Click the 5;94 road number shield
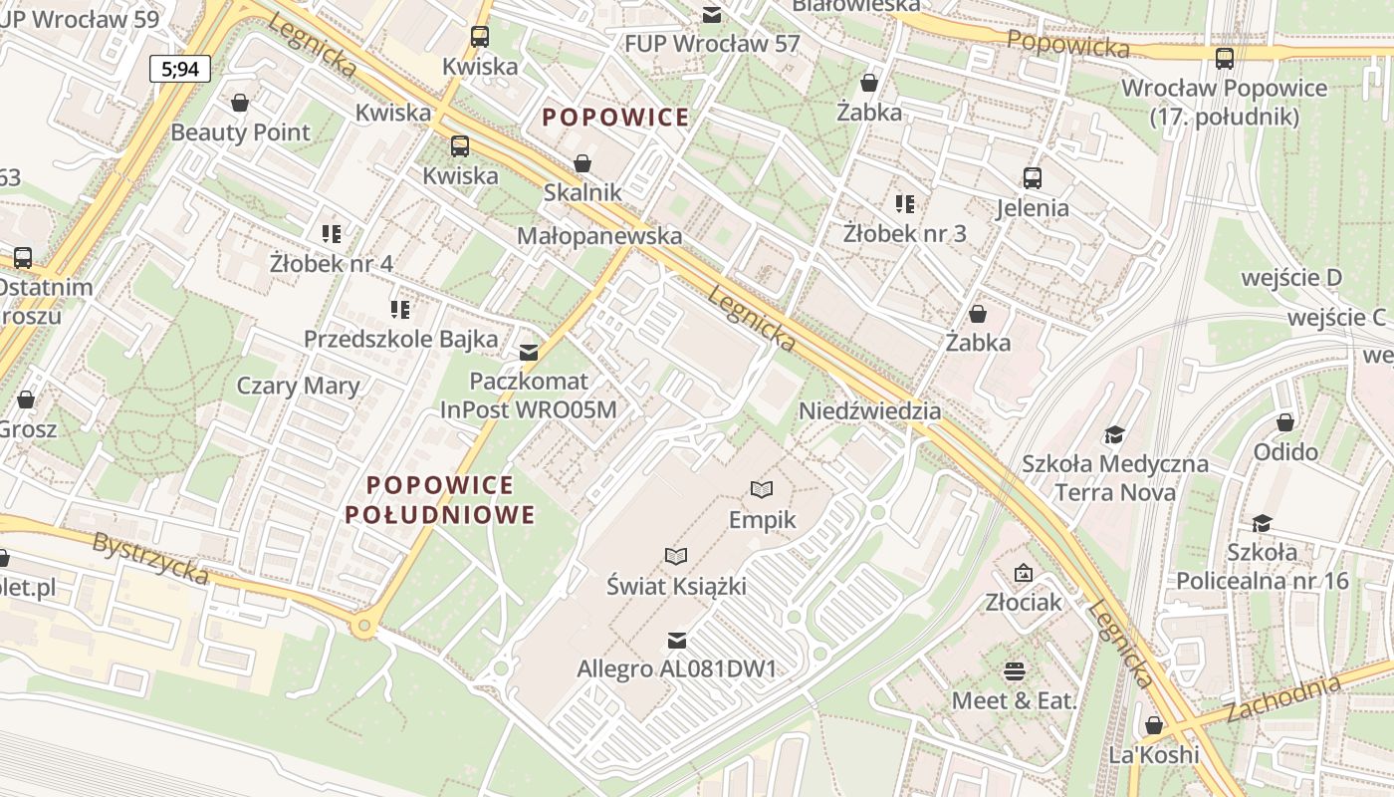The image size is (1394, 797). click(180, 69)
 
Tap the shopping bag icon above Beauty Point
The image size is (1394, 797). click(239, 103)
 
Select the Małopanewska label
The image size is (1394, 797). click(599, 236)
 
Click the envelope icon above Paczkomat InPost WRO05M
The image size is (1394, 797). click(529, 352)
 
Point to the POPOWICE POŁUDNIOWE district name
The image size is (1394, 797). click(440, 500)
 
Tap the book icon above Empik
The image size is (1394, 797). click(762, 489)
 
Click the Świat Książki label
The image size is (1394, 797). click(676, 586)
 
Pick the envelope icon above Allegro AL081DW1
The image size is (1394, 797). click(676, 639)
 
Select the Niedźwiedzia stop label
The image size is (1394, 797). click(869, 410)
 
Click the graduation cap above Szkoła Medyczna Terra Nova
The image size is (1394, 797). click(1114, 434)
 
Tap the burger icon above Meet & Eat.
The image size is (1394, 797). click(1015, 670)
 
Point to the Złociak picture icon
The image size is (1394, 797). click(1023, 573)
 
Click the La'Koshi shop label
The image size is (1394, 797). click(1154, 754)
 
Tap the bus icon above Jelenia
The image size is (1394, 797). click(1033, 178)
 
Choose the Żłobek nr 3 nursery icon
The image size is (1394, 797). click(904, 204)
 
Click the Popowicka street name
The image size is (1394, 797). click(1067, 43)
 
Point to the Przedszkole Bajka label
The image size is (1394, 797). click(400, 339)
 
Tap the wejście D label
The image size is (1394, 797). click(1292, 277)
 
